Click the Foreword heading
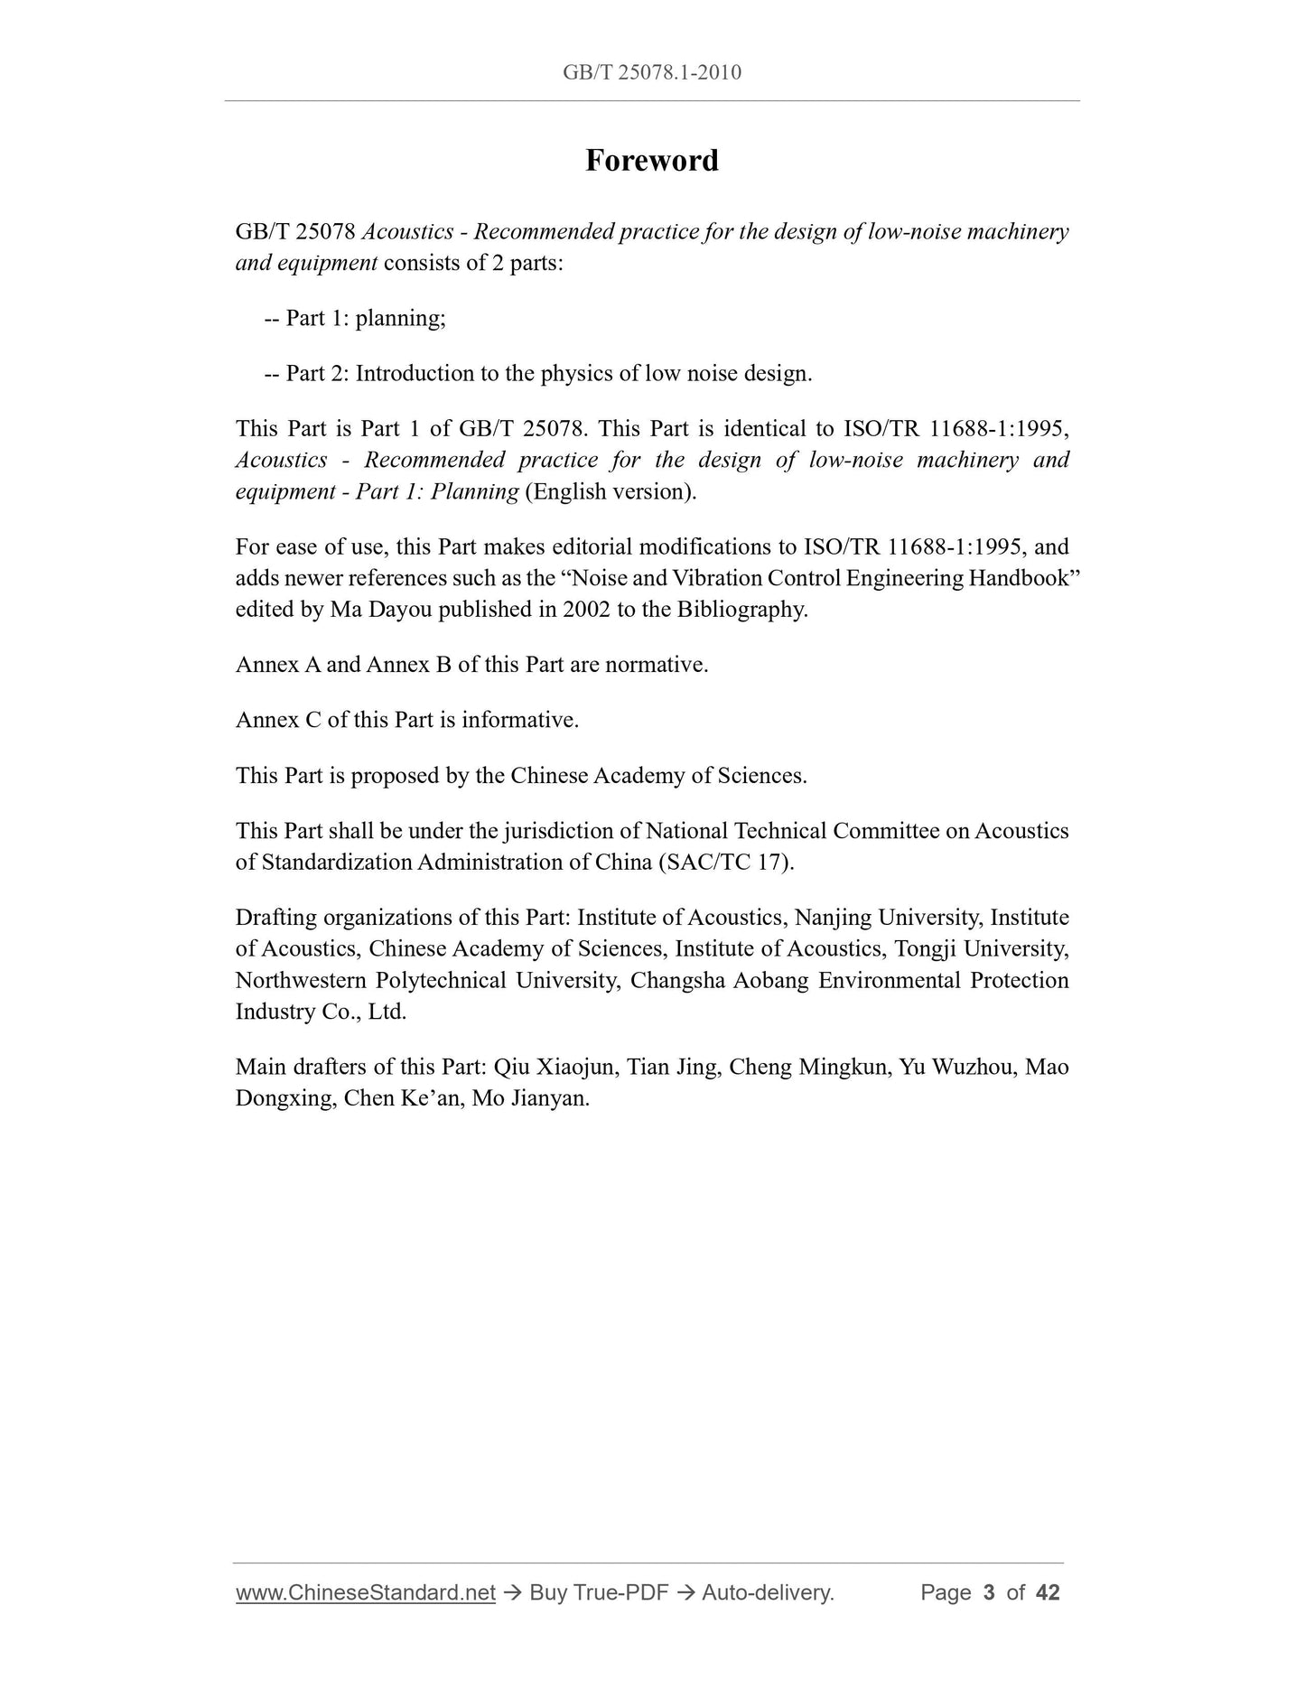[x=651, y=161]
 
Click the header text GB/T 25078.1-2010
[x=651, y=72]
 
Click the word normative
[x=656, y=665]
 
